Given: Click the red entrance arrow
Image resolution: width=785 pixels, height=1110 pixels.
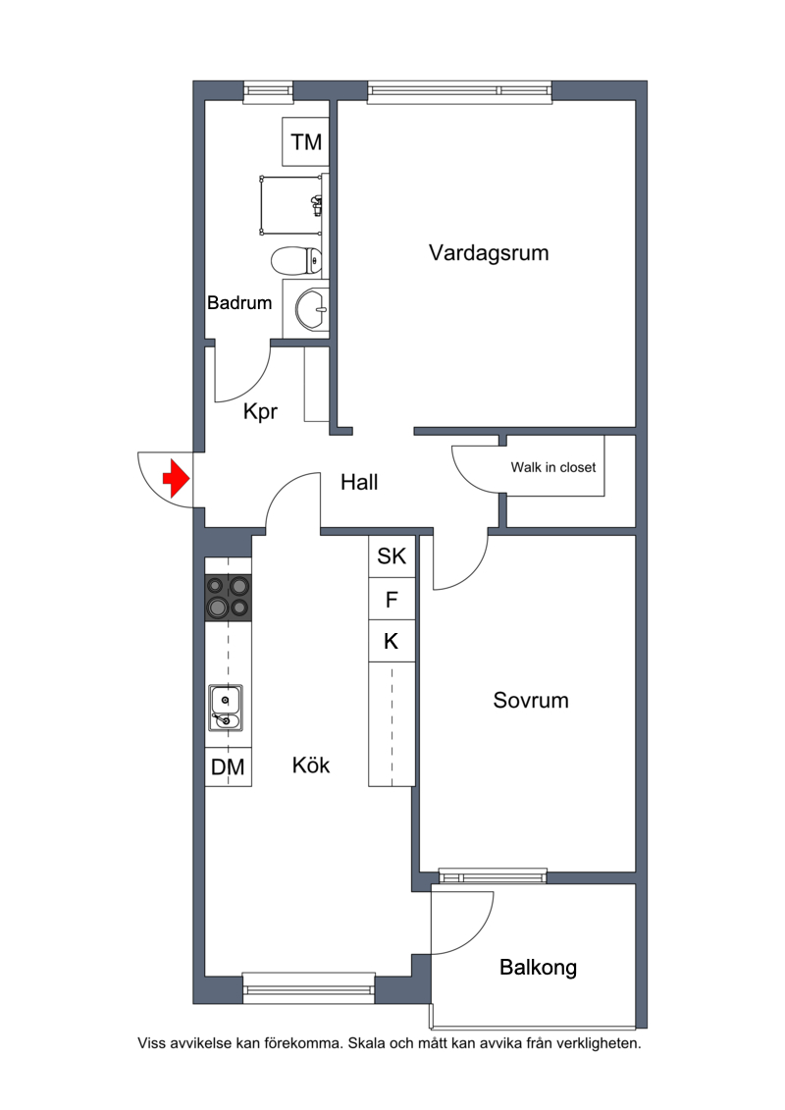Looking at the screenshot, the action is [177, 479].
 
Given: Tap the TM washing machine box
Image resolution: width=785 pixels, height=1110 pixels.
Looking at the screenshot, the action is [306, 141].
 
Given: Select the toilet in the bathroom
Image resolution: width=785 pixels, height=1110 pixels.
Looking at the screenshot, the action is [296, 260].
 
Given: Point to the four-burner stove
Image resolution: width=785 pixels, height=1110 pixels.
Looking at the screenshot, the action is [228, 597].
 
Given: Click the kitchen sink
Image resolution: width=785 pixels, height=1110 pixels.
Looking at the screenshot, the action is [225, 708].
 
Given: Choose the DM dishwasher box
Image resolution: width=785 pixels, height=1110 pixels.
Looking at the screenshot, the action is [228, 766].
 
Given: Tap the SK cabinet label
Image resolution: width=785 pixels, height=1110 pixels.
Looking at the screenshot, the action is [392, 556].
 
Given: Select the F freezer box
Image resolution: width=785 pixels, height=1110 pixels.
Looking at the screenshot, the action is [392, 600].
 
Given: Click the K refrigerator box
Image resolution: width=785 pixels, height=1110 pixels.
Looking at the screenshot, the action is [392, 641].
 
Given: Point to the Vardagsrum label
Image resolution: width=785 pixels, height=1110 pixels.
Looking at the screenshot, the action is [489, 253].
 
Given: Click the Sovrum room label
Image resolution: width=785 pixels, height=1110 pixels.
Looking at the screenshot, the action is [531, 700].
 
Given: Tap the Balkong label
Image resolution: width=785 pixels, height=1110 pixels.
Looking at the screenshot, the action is [538, 968].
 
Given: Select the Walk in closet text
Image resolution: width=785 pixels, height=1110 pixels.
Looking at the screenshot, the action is [553, 467].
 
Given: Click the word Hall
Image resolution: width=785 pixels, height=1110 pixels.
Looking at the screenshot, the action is [359, 482].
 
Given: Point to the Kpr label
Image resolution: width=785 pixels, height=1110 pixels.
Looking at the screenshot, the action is [260, 411].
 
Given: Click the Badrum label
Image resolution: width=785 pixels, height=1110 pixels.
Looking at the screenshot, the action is [239, 303].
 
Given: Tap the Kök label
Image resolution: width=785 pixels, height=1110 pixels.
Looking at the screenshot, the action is [311, 765].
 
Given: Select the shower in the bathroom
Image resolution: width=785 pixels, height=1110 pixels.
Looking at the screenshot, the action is [290, 204].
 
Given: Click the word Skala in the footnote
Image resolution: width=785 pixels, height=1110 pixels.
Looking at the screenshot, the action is [366, 1043].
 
